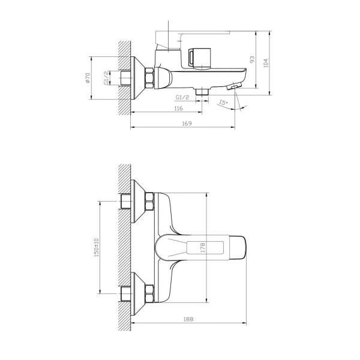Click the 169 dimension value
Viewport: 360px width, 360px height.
click(187, 123)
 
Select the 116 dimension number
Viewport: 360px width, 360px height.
click(179, 109)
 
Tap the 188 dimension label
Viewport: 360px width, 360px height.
click(188, 319)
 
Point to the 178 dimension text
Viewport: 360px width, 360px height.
click(203, 248)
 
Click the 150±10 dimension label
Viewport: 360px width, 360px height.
click(96, 247)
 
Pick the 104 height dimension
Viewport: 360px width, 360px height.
click(266, 63)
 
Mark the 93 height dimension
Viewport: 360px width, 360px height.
click(253, 59)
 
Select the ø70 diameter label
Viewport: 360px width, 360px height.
click(88, 77)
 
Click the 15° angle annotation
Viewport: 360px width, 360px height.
click(223, 103)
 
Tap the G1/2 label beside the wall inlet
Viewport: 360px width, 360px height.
click(106, 78)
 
